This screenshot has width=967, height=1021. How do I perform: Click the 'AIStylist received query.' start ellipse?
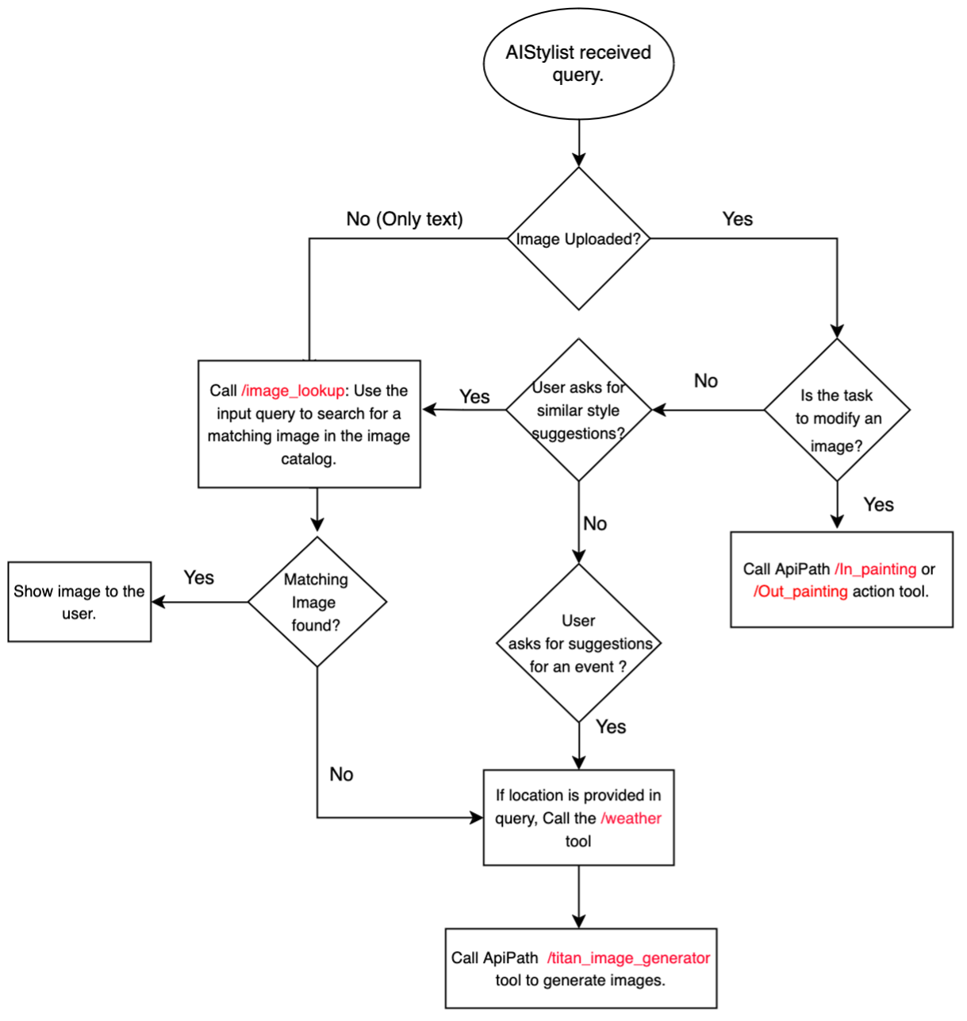(x=578, y=64)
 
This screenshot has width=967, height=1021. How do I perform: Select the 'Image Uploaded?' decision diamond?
(x=578, y=238)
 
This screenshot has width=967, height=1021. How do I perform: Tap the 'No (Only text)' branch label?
(x=405, y=219)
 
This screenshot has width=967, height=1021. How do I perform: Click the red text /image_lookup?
(x=293, y=391)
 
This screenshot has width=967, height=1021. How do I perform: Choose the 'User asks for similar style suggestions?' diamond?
(x=578, y=410)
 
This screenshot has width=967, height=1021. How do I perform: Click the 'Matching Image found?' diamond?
(x=317, y=602)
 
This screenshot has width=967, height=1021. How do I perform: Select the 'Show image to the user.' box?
(x=79, y=602)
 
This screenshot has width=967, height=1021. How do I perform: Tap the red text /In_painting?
(x=875, y=569)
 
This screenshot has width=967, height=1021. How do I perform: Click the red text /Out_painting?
(x=800, y=591)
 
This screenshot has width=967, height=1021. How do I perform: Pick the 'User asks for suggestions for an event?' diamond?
(x=578, y=643)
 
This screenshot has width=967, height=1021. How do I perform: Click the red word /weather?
(x=631, y=819)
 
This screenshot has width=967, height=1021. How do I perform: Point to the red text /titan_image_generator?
(x=628, y=958)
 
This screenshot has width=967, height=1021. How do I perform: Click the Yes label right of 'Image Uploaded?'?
(x=738, y=219)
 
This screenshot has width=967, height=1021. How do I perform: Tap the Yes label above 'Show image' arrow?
(x=198, y=577)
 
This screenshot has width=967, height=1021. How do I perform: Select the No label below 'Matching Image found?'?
(x=341, y=774)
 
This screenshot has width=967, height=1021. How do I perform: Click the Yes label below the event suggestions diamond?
(x=611, y=726)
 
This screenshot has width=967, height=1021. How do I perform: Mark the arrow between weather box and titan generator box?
(x=579, y=896)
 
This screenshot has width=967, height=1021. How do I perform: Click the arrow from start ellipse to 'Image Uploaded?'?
(x=579, y=143)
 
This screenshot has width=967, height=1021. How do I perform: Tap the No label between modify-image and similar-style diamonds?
(x=706, y=381)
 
